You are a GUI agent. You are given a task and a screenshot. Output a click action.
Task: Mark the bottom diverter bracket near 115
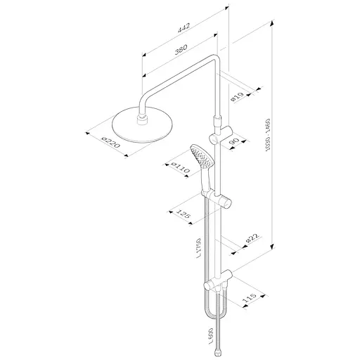[218, 285]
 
